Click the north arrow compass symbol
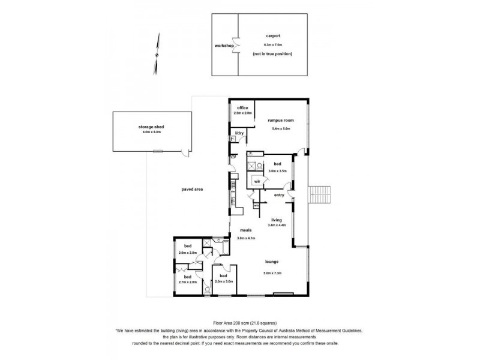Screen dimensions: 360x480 coord(158,53)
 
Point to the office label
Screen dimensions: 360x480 coord(242,108)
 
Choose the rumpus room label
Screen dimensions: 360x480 coord(281,121)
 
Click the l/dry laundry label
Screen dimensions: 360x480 coord(239,133)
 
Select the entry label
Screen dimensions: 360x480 coord(279,195)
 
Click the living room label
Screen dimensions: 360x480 coord(276,220)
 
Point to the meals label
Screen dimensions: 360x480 coord(246,230)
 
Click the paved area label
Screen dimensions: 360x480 coord(193,189)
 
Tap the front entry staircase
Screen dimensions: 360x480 coord(320,194)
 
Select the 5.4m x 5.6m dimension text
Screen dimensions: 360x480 coord(281,128)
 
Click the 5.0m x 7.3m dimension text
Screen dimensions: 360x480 coord(272,273)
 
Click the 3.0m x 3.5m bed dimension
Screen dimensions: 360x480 coord(278,171)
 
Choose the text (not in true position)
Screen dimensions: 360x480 coord(272,54)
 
